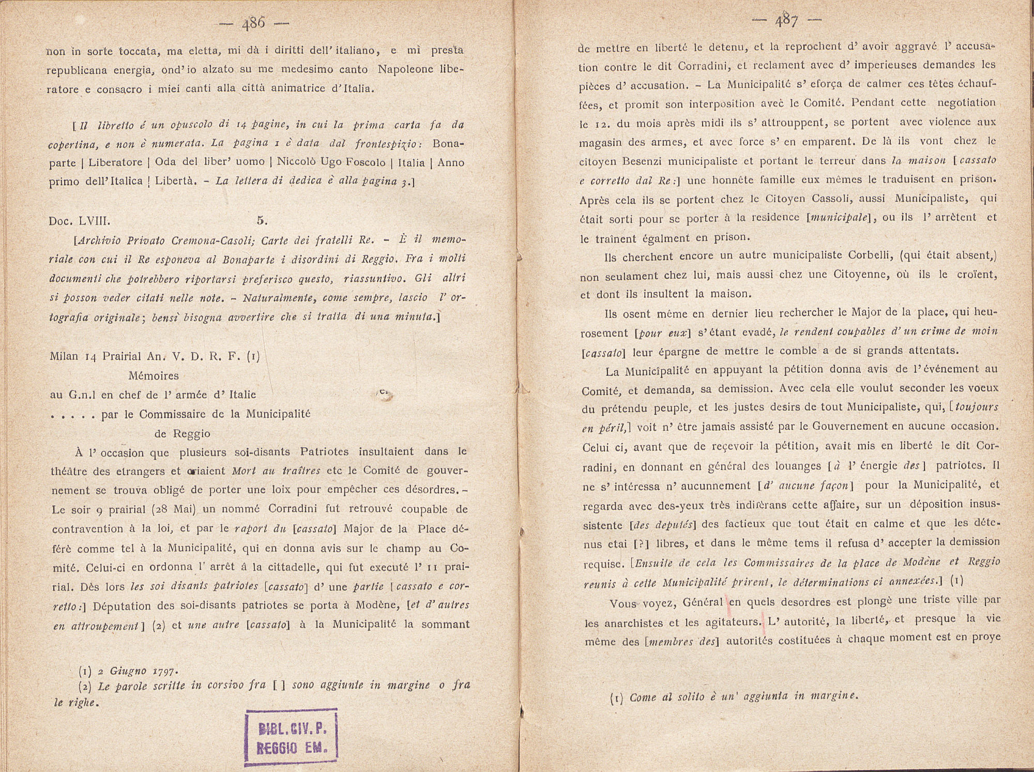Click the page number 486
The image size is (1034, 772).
254,23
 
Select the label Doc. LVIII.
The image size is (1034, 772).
80,221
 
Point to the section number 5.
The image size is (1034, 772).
262,220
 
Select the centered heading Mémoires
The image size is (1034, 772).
154,376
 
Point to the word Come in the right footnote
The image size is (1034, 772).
643,698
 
